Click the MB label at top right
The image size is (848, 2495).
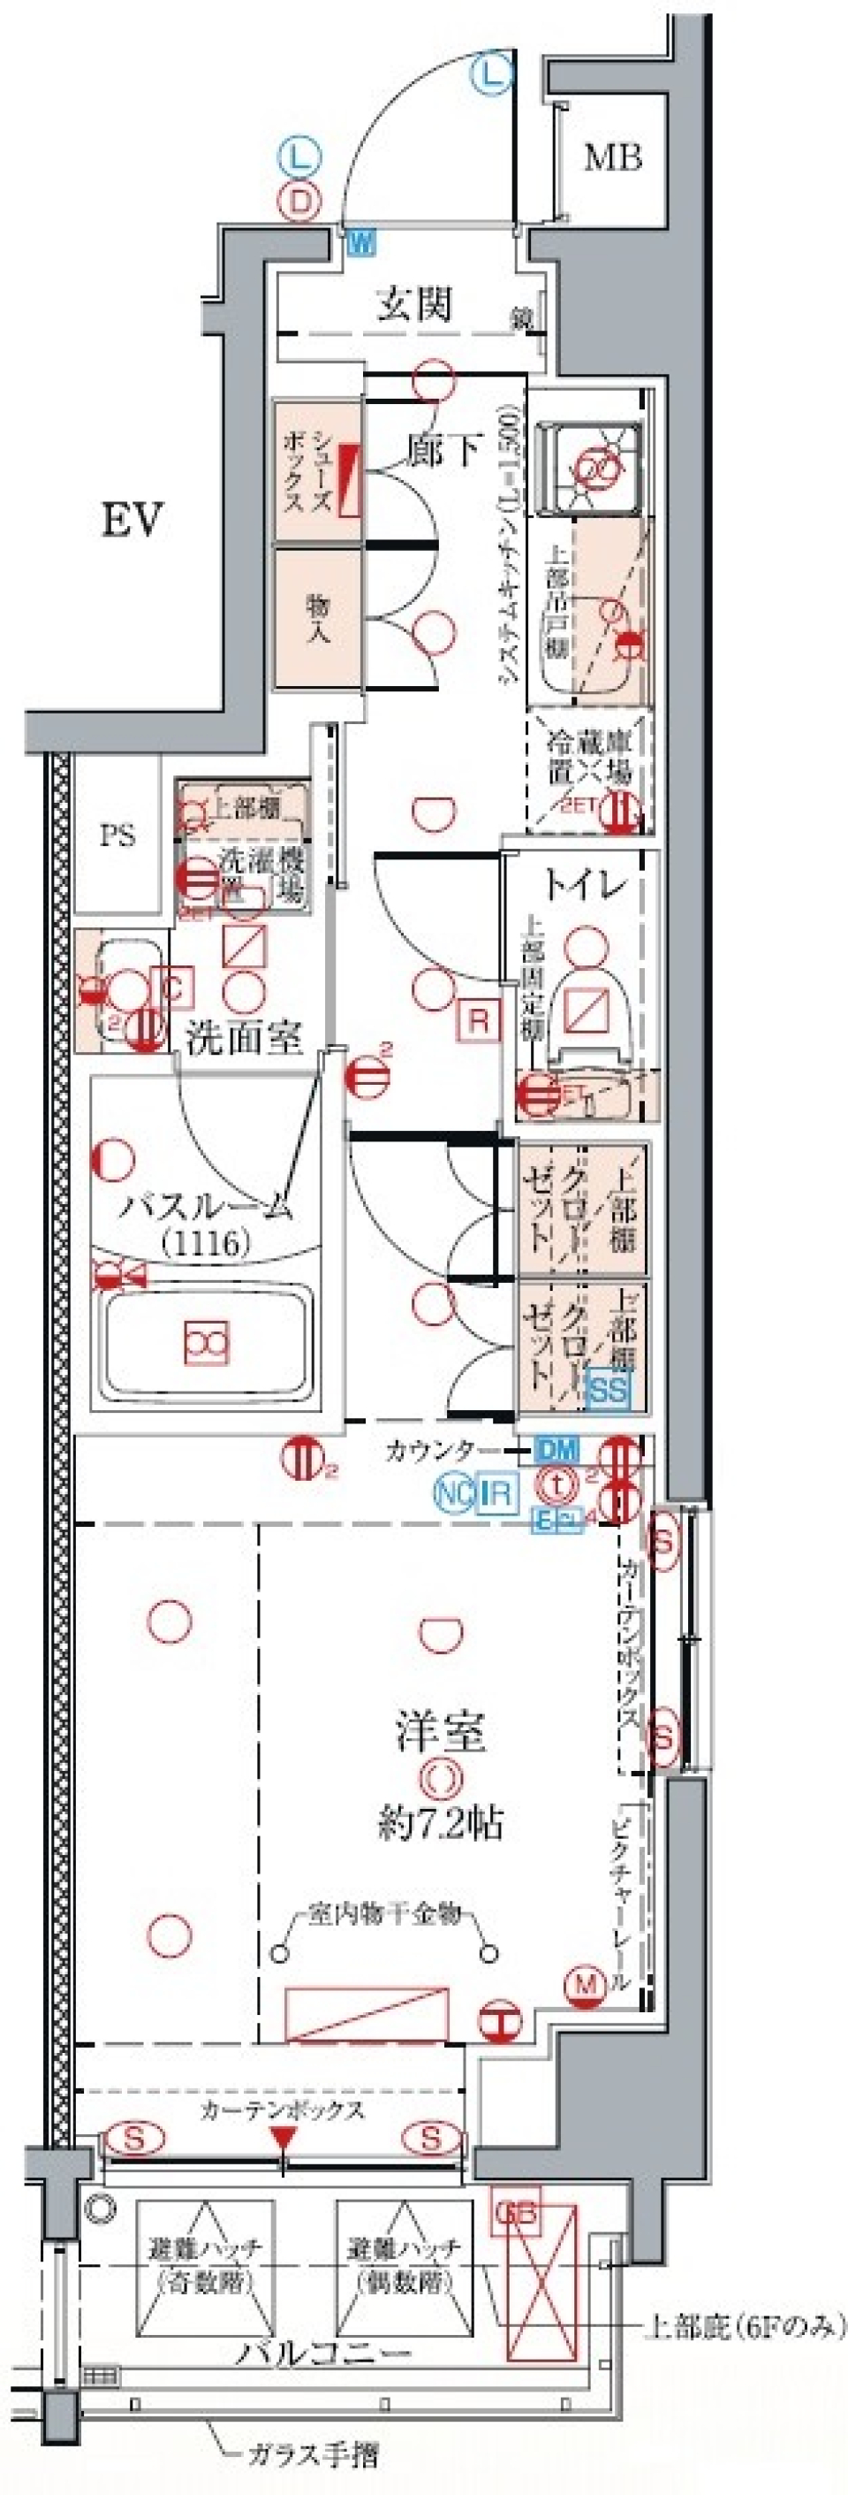[x=613, y=156]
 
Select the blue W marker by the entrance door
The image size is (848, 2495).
[x=361, y=241]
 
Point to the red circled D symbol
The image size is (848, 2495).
[x=299, y=202]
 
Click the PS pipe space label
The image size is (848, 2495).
[x=117, y=835]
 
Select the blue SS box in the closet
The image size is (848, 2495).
[x=609, y=1390]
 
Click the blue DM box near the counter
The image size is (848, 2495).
[x=556, y=1450]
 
